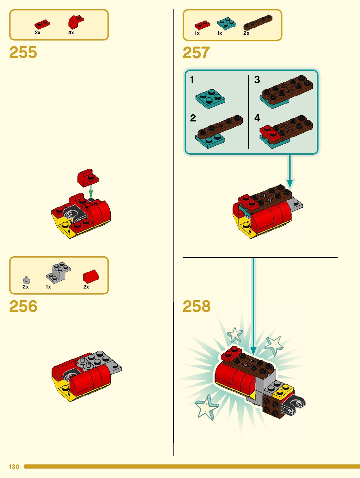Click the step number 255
tap(23, 52)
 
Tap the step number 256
tap(23, 306)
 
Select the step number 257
tap(196, 53)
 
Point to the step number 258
tap(197, 306)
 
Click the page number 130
tap(14, 467)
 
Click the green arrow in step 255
tap(91, 191)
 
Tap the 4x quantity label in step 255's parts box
tap(71, 33)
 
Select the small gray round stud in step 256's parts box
tap(27, 280)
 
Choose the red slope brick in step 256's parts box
tap(91, 276)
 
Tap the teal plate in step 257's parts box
tap(227, 23)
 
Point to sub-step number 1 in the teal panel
tap(192, 79)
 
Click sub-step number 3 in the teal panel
tap(257, 79)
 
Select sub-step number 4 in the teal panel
tap(257, 118)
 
